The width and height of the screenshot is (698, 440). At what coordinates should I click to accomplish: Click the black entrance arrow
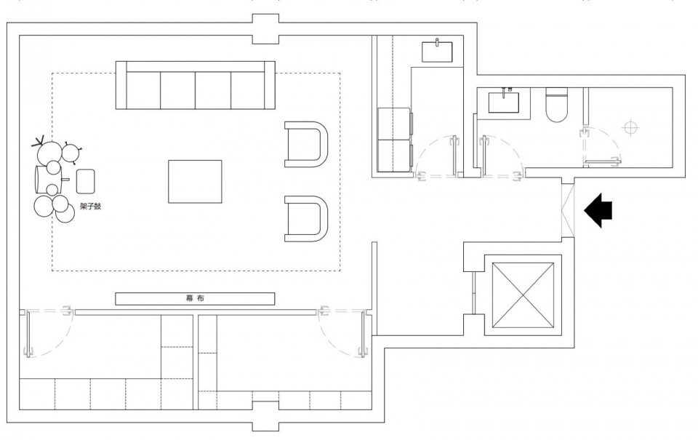[598, 210]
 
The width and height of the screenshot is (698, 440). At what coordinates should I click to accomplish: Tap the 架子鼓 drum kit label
[90, 207]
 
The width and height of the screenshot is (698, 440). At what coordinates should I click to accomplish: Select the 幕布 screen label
[195, 298]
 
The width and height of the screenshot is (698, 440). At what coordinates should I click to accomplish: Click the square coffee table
[195, 182]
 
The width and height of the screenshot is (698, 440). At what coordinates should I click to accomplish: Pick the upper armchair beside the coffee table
[306, 144]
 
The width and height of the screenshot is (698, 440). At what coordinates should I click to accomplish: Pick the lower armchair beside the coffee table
[306, 219]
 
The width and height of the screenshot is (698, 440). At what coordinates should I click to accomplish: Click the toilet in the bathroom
[556, 105]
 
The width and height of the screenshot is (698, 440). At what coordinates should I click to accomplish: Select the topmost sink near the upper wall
[437, 51]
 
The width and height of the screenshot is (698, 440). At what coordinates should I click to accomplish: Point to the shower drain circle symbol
[630, 127]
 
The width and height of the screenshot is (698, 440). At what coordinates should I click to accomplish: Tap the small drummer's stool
[86, 181]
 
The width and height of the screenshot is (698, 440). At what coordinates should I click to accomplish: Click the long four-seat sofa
[196, 85]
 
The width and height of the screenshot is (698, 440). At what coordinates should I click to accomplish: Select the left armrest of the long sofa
[121, 85]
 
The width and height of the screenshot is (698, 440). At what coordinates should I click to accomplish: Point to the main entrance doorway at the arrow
[568, 210]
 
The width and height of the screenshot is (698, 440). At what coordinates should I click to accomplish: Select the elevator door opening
[473, 292]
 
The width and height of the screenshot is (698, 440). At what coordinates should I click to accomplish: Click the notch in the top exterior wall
[266, 29]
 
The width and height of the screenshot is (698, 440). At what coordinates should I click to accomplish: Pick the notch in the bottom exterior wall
[266, 415]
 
